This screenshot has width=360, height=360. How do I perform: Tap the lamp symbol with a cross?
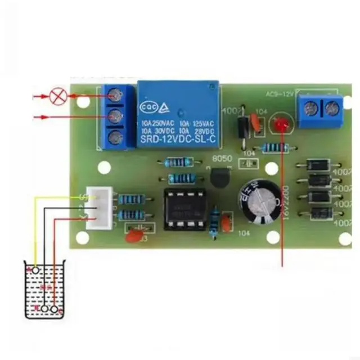click(x=57, y=96)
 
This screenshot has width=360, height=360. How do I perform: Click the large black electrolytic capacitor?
click(x=259, y=201)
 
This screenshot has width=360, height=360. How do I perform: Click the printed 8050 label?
click(x=222, y=160)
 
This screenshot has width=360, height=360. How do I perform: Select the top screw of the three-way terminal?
click(x=116, y=96)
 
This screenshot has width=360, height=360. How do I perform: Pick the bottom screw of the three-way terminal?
click(x=116, y=137)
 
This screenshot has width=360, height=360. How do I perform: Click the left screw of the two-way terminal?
click(x=311, y=108)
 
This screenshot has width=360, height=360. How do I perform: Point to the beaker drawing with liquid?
click(x=44, y=290)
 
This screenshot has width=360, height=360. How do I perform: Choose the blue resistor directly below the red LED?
click(x=276, y=148)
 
